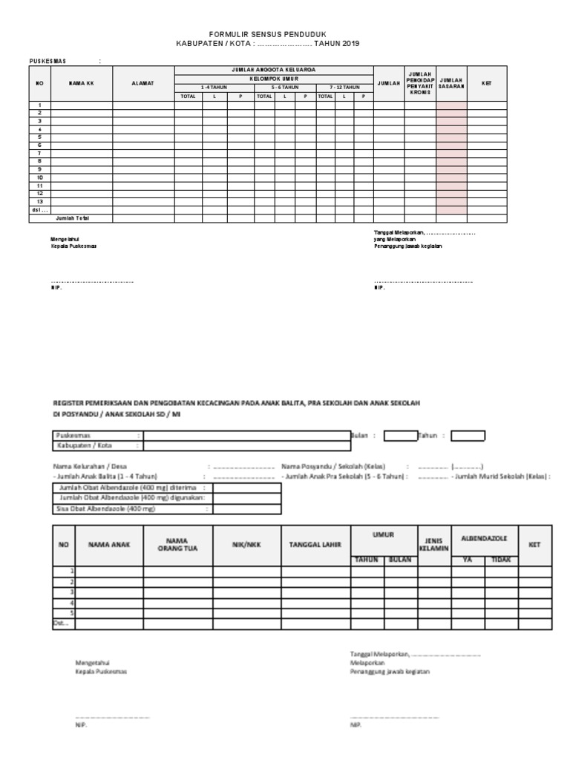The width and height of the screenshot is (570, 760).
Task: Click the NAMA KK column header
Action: (82, 83)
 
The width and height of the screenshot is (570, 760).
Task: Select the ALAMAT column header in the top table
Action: (143, 83)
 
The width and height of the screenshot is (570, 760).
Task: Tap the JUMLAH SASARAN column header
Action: (451, 83)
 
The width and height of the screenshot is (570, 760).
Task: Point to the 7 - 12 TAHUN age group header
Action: (344, 87)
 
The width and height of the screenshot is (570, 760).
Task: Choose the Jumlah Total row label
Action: (73, 218)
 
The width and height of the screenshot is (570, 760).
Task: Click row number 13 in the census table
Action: (40, 202)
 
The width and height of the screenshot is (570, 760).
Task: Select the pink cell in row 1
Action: (451, 105)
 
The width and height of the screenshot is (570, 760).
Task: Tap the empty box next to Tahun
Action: (468, 436)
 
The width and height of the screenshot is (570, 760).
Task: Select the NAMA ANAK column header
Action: (110, 544)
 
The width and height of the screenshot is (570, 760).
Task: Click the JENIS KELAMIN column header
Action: (433, 544)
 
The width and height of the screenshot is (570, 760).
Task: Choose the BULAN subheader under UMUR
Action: (400, 560)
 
